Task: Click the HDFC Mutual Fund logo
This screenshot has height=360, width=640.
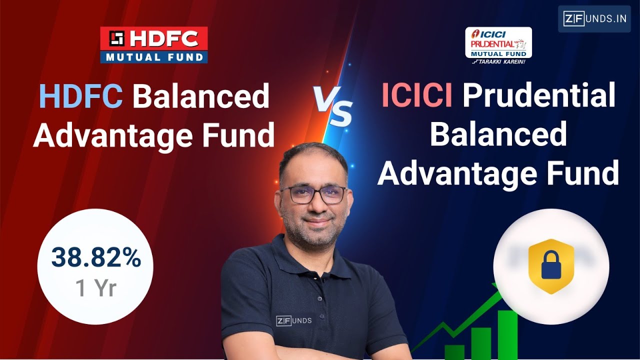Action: (154, 45)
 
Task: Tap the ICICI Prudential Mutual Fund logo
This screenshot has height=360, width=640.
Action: (498, 44)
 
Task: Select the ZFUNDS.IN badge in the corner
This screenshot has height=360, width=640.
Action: (594, 19)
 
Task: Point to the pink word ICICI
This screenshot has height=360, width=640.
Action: (416, 95)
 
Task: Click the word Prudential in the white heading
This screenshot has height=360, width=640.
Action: (539, 96)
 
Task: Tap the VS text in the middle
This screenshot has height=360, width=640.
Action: (333, 106)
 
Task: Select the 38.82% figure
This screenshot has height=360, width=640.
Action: (95, 258)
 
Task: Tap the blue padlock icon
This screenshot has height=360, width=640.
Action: (551, 265)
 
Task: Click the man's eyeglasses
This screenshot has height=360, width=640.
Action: (313, 194)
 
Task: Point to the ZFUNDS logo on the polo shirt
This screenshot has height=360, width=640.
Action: (294, 320)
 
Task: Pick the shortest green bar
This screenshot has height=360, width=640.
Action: (454, 351)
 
